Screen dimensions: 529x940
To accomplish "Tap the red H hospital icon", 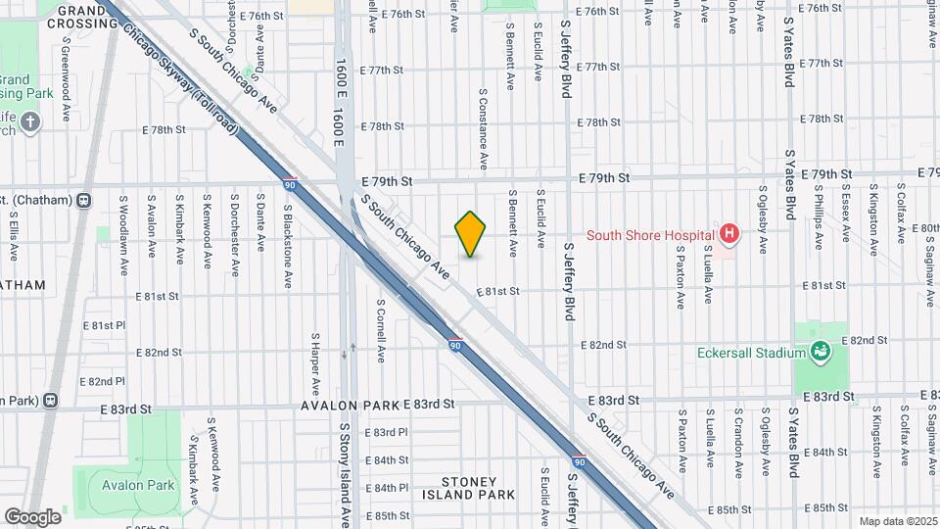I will coord(728,233).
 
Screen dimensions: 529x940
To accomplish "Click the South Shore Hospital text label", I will coord(649,234).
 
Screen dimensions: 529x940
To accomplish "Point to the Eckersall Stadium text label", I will coord(751,353).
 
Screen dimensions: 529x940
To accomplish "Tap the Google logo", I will coord(32,516).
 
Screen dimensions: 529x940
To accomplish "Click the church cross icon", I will coord(31,121).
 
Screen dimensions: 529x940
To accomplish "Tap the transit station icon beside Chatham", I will coord(84,201).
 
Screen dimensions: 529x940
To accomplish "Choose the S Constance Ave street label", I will coord(483,128).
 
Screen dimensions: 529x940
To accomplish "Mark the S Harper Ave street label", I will coord(314,360).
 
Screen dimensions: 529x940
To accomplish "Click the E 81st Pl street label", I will coord(105,324).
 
